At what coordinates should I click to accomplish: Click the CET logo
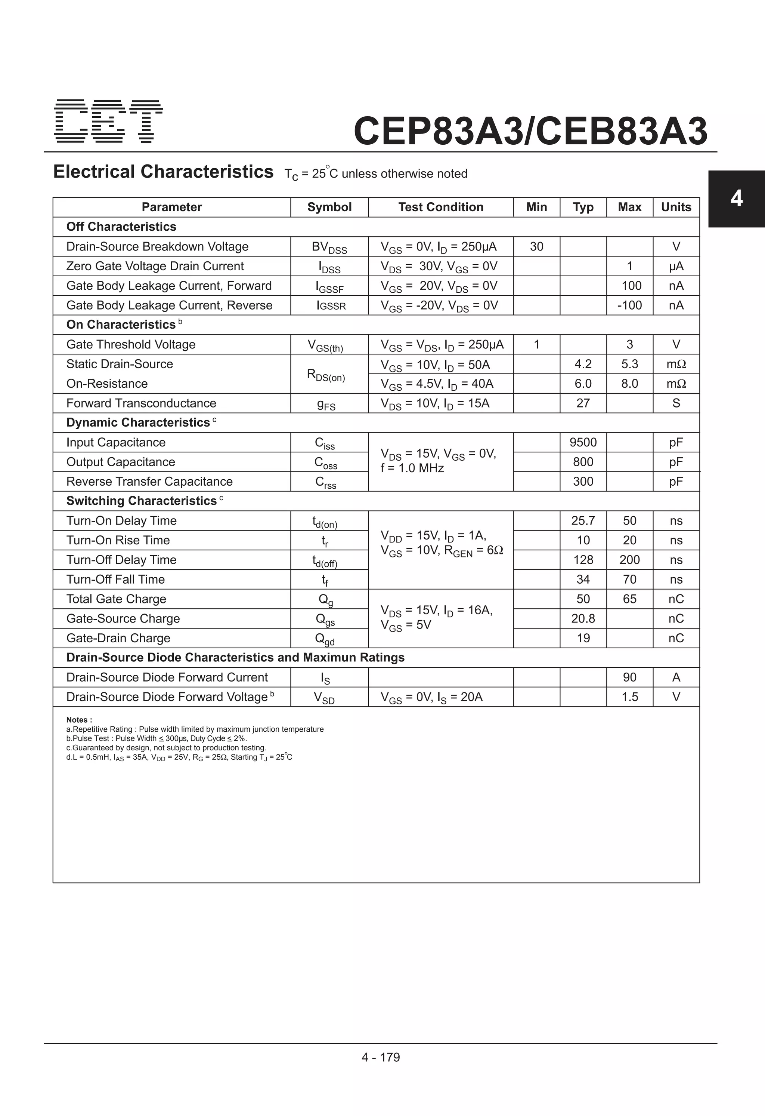tap(108, 121)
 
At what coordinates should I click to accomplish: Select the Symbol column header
tap(329, 207)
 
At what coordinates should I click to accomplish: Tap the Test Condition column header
tap(440, 207)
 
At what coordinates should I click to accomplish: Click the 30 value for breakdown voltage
tap(536, 246)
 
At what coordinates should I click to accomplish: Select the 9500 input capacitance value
tap(583, 442)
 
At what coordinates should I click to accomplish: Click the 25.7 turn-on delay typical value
tap(583, 520)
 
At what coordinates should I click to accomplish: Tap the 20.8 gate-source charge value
tap(583, 618)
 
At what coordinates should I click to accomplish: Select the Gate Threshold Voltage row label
tap(131, 344)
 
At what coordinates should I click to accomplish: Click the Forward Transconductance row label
tap(141, 403)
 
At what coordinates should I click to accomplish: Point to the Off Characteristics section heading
tap(121, 227)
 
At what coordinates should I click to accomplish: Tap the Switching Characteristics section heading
tap(141, 501)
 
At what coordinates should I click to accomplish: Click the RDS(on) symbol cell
tap(326, 375)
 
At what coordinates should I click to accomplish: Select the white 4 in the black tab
tap(736, 198)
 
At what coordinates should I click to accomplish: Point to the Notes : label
tap(79, 720)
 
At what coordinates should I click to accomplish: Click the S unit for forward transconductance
tap(676, 403)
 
